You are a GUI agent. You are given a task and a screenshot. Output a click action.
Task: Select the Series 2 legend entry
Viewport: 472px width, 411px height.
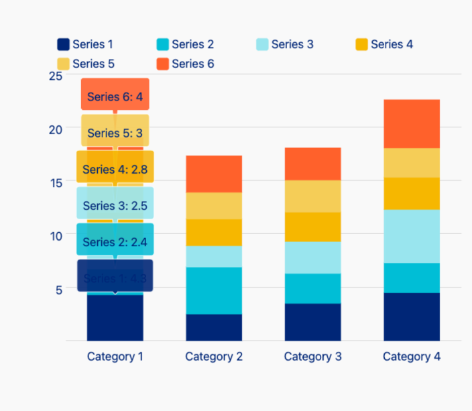click(185, 45)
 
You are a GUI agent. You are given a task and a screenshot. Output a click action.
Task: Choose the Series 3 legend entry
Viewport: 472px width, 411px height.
click(284, 45)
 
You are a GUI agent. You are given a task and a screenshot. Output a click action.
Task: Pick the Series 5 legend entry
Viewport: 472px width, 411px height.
click(85, 64)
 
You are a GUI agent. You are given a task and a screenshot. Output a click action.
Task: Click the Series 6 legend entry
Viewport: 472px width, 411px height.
click(185, 64)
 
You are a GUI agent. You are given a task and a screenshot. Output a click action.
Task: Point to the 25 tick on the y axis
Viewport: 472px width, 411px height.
click(56, 76)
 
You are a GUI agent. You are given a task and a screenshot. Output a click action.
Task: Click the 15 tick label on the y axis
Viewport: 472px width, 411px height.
click(56, 182)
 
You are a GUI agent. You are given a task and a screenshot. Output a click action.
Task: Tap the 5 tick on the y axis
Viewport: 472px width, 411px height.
click(58, 290)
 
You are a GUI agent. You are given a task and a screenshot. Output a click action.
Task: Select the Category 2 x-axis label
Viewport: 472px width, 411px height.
click(214, 357)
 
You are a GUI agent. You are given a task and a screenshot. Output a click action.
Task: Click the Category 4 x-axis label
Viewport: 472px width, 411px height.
click(412, 357)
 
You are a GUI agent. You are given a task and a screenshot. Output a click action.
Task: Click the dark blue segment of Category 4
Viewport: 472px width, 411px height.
click(412, 316)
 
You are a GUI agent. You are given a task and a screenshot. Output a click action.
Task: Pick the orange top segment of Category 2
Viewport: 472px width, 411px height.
click(214, 174)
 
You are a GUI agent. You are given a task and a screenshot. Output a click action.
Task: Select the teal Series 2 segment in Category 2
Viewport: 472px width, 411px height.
click(214, 290)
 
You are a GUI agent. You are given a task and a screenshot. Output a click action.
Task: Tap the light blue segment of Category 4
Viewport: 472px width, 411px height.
click(412, 236)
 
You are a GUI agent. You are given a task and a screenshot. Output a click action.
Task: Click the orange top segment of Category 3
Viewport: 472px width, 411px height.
click(313, 164)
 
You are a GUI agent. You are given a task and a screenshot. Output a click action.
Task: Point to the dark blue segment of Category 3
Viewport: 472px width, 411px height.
click(313, 322)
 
